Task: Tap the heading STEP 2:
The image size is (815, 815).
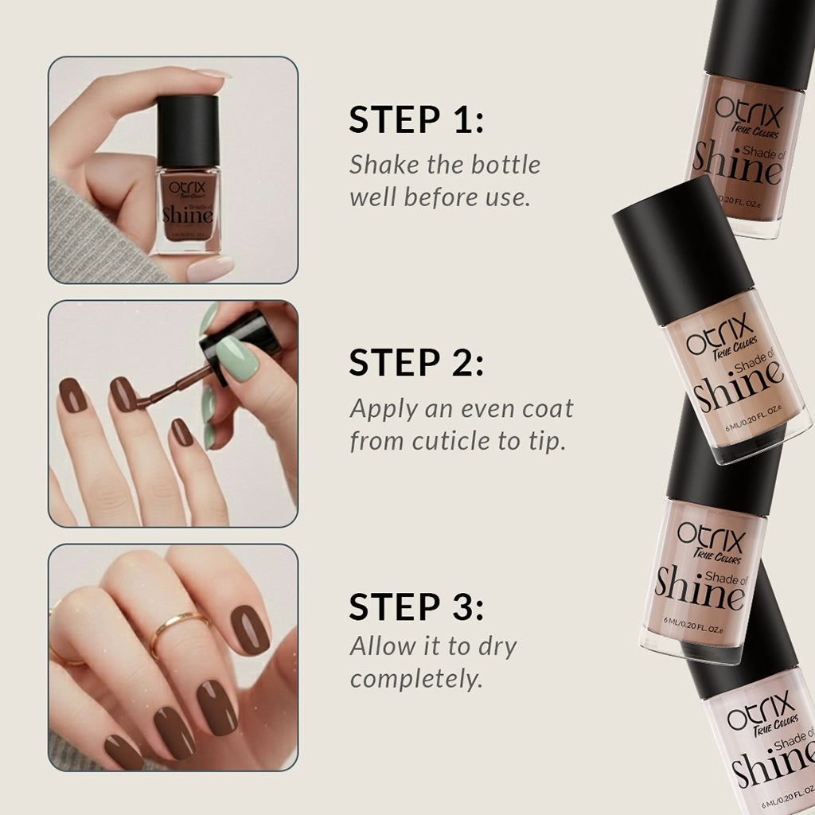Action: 416,364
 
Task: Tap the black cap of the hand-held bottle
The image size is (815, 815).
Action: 188,131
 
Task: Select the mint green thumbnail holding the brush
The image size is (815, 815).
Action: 238,358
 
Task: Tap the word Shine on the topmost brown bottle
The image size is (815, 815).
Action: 737,163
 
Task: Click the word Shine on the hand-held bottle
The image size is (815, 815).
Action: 187,213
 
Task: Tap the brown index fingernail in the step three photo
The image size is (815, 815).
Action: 249,630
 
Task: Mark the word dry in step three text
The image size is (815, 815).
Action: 495,646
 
